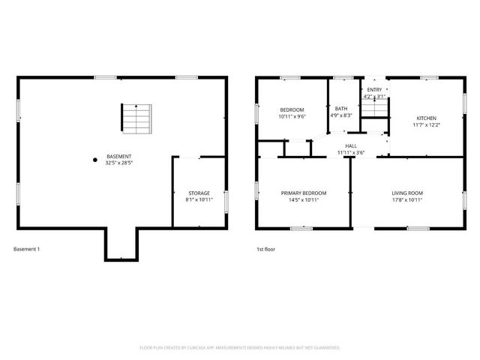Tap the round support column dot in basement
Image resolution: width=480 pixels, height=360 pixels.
(x=94, y=159)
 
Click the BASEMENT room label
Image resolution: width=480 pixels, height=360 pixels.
(x=119, y=156)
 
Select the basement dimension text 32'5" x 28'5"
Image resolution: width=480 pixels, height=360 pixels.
(x=119, y=163)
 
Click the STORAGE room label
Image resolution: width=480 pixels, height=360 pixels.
(x=199, y=193)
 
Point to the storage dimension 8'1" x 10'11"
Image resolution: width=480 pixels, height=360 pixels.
(x=199, y=200)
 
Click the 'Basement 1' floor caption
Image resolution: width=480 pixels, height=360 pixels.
(x=28, y=249)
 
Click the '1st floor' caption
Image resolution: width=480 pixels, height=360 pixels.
(x=265, y=249)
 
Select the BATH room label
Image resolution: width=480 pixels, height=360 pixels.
(x=341, y=109)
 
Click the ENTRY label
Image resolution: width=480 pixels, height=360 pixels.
(x=373, y=90)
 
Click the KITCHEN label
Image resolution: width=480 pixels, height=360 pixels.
(x=426, y=118)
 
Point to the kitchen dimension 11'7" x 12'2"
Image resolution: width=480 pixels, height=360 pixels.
(x=426, y=124)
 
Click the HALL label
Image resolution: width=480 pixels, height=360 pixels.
(x=350, y=145)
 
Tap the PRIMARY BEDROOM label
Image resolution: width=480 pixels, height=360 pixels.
(x=304, y=193)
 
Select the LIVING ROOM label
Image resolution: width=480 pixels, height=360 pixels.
(x=407, y=193)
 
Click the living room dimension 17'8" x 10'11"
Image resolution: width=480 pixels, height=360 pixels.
(x=407, y=200)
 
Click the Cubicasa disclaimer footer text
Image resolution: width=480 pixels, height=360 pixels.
(x=240, y=348)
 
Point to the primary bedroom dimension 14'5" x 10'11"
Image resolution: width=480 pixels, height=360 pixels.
(x=304, y=200)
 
